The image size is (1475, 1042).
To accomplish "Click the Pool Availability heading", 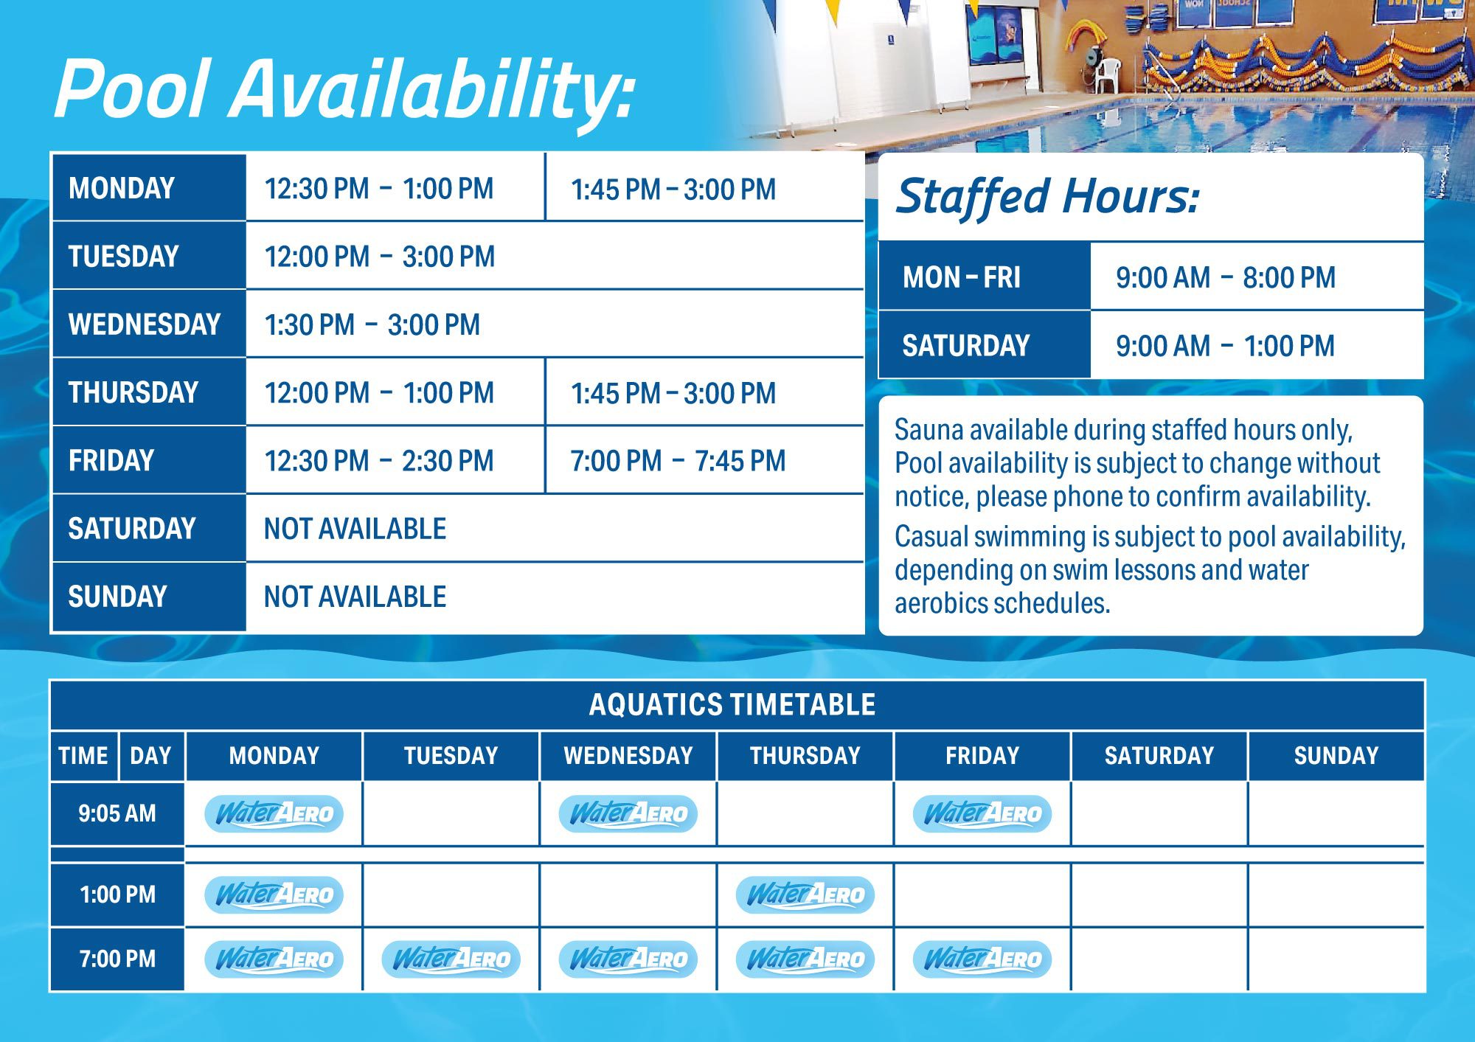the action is pyautogui.click(x=344, y=90).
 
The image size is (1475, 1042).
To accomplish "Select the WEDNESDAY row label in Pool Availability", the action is pyautogui.click(x=145, y=324).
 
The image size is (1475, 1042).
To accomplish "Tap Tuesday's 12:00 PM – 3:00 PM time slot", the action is pyautogui.click(x=380, y=257).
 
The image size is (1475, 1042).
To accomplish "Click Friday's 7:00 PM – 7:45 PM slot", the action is pyautogui.click(x=678, y=461).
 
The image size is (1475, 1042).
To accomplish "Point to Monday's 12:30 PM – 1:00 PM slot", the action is pyautogui.click(x=379, y=189).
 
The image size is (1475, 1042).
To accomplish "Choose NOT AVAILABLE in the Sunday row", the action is pyautogui.click(x=355, y=597).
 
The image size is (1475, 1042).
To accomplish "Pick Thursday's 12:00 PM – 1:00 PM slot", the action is pyautogui.click(x=379, y=393).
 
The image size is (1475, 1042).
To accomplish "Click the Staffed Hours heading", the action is pyautogui.click(x=1047, y=197).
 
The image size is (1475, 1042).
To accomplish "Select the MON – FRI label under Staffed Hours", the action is pyautogui.click(x=962, y=278).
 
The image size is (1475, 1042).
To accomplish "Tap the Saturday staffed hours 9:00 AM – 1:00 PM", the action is pyautogui.click(x=1225, y=346).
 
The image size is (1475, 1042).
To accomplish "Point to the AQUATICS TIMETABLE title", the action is pyautogui.click(x=732, y=705).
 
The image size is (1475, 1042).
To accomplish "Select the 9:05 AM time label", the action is pyautogui.click(x=117, y=813).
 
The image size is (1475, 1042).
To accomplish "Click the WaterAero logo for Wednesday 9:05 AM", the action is pyautogui.click(x=628, y=813).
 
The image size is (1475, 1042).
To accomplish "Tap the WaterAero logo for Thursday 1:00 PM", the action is pyautogui.click(x=805, y=895).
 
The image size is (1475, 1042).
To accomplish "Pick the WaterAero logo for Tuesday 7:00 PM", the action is pyautogui.click(x=451, y=959).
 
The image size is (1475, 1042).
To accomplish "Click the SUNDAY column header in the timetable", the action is pyautogui.click(x=1336, y=756).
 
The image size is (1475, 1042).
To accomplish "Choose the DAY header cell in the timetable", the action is pyautogui.click(x=150, y=756).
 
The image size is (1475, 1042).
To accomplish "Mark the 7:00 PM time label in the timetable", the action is pyautogui.click(x=117, y=959).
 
